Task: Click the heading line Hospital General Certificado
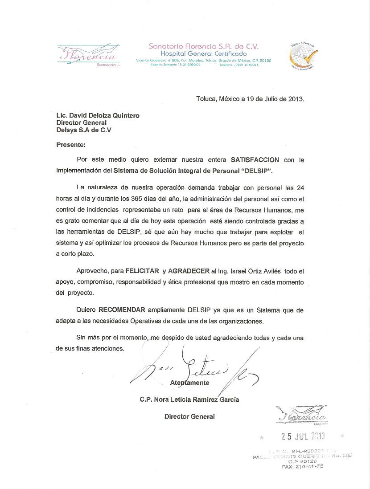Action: (203, 53)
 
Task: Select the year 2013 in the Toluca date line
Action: (296, 99)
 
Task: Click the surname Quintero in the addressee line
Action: (123, 115)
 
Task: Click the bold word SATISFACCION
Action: (255, 159)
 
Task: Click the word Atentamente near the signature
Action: (189, 383)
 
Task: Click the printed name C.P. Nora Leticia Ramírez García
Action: (189, 399)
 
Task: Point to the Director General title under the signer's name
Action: (189, 416)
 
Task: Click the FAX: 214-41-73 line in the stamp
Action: (303, 466)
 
